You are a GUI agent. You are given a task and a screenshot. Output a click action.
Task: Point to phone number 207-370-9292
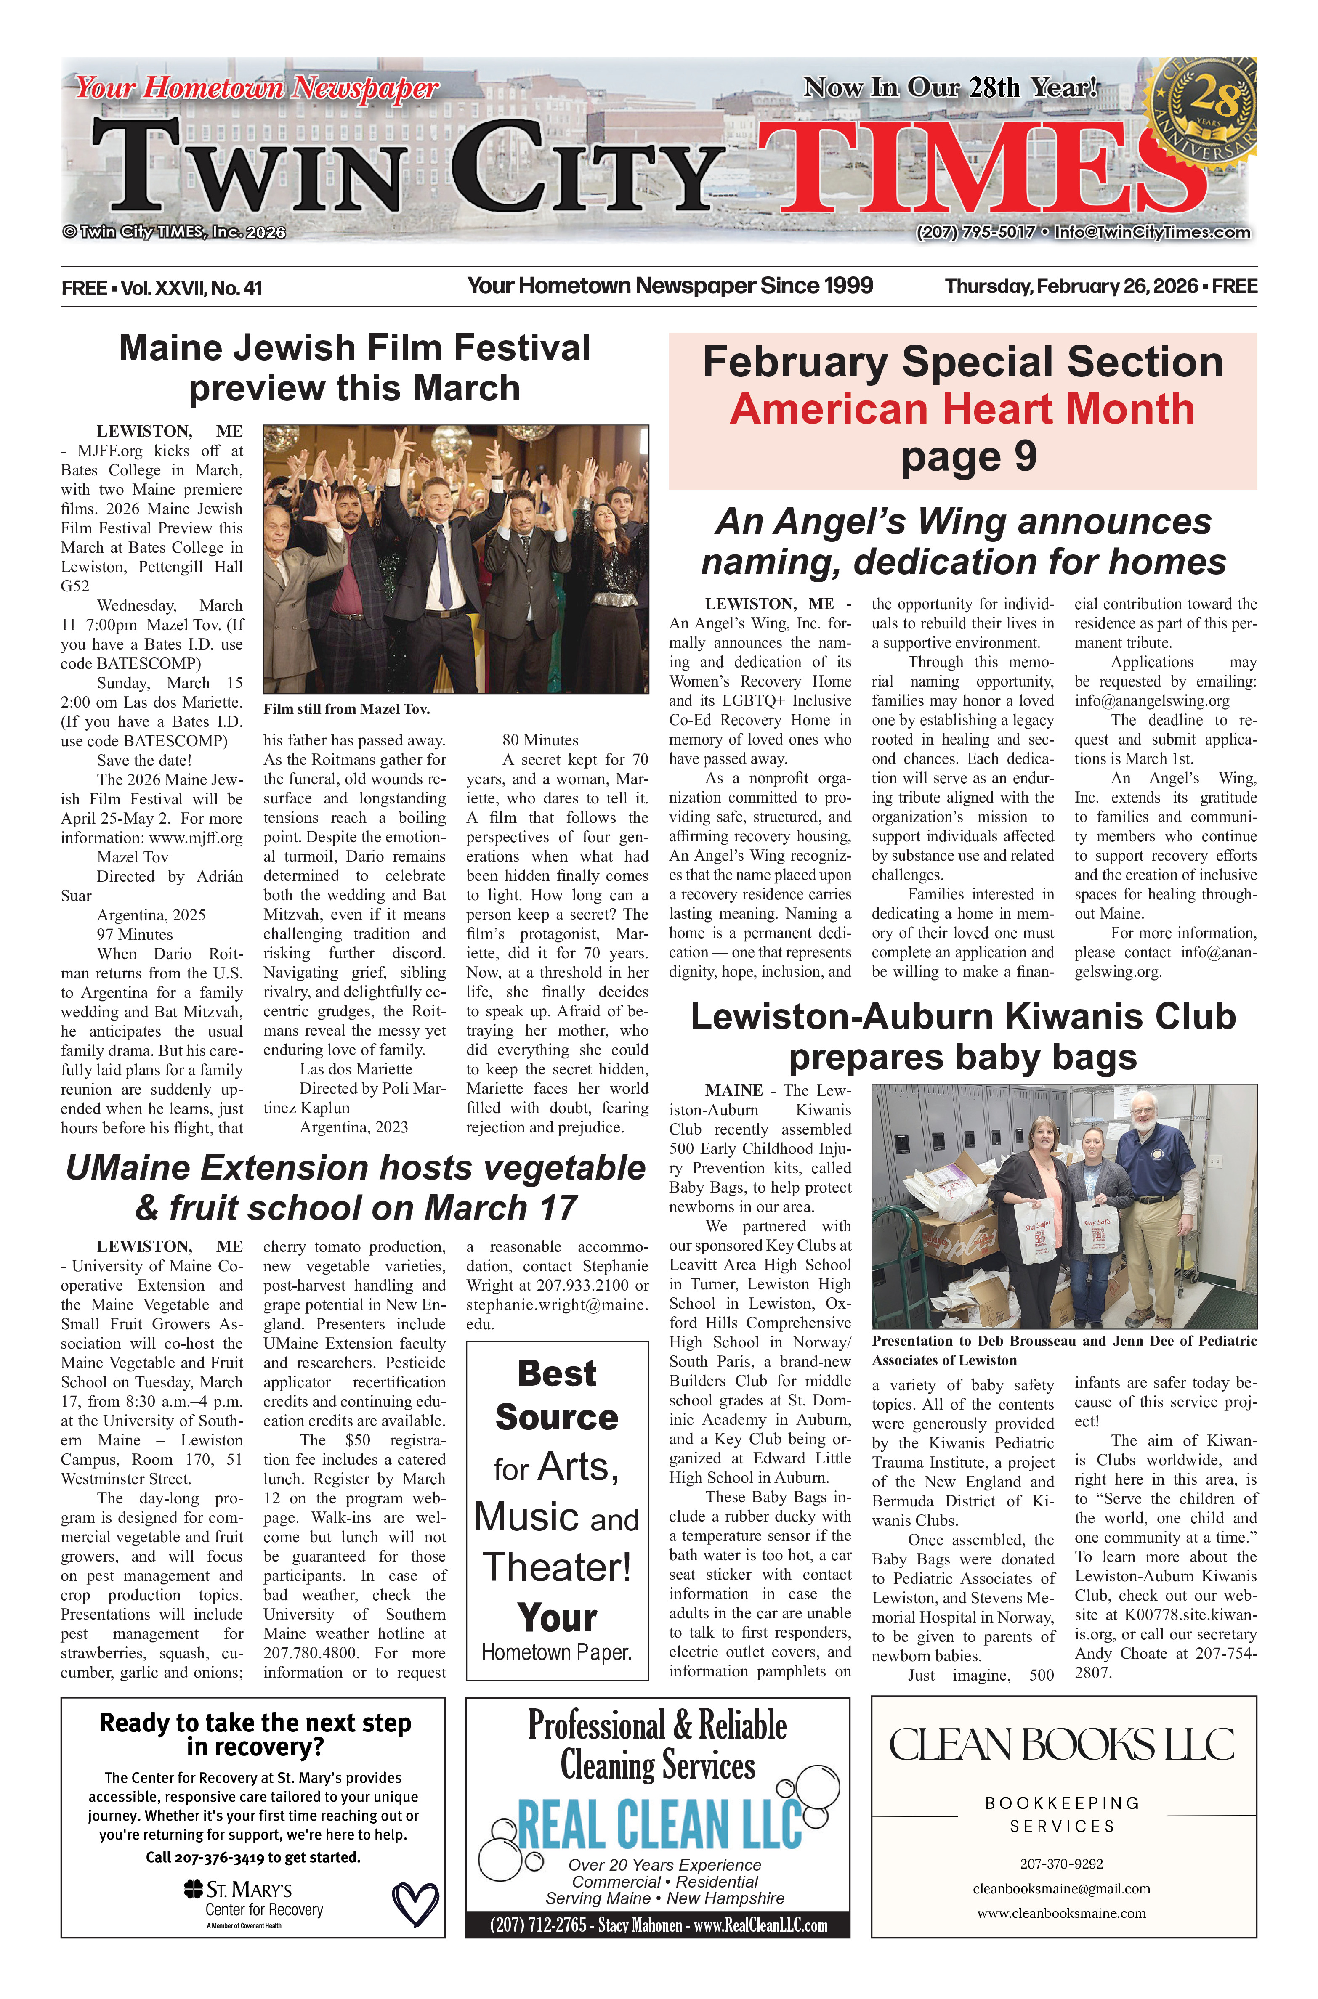point(1062,1864)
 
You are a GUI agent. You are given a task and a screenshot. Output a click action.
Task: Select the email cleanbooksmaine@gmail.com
point(1062,1889)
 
